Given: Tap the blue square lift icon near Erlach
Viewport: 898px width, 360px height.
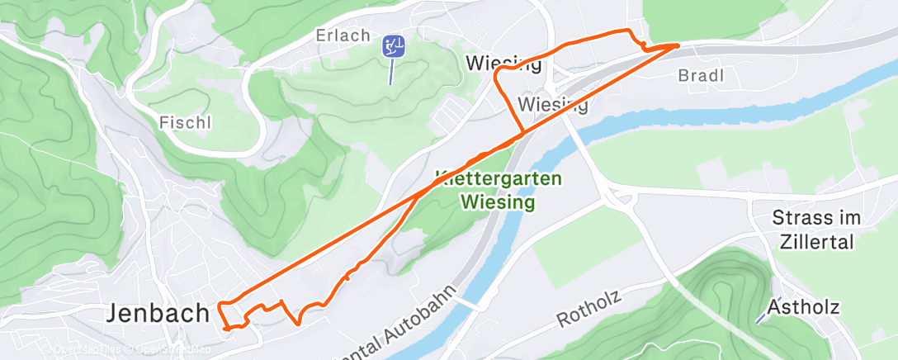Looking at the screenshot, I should tap(394, 46).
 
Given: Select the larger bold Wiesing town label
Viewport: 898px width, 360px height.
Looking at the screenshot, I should tap(503, 63).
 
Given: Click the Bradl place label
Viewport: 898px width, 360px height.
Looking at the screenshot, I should tap(700, 76).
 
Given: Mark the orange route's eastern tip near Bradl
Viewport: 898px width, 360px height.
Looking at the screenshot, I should tap(678, 45).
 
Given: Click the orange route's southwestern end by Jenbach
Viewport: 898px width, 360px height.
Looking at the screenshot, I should tap(226, 329).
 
